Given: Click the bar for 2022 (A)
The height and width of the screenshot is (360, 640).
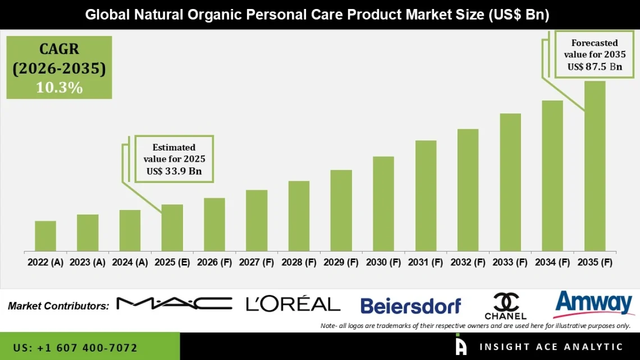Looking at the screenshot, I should tap(45, 236).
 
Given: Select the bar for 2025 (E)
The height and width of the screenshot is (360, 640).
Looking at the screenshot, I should tap(172, 227).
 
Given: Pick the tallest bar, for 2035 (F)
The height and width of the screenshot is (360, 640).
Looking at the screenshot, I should tap(595, 166).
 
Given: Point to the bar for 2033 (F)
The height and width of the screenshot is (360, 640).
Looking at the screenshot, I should tap(510, 182).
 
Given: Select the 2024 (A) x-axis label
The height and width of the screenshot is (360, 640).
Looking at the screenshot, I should tap(130, 262).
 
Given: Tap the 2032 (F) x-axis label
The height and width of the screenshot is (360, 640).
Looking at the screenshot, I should tap(468, 262).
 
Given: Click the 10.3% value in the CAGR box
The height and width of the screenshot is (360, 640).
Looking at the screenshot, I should tap(59, 88).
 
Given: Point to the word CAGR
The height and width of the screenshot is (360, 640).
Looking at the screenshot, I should tap(59, 49).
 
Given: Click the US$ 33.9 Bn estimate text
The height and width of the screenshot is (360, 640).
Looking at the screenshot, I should tap(174, 171).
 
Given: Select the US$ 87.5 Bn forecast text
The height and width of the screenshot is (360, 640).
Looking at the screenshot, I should tap(595, 66).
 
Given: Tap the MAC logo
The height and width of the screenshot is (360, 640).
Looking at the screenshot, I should tap(174, 304).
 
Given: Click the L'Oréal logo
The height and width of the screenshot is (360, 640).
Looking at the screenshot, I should tap(293, 304).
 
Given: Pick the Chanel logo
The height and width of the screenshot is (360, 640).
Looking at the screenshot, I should tap(505, 306).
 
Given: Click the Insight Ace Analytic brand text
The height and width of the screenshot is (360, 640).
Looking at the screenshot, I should tap(550, 347).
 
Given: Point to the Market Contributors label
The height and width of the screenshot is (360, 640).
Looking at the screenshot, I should tap(58, 306).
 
